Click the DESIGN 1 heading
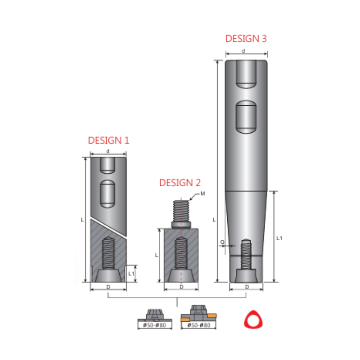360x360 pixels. click(108, 140)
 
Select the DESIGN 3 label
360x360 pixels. click(246, 38)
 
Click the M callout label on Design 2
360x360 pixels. click(203, 193)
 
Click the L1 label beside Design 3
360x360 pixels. click(279, 237)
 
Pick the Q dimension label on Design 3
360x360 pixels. click(221, 242)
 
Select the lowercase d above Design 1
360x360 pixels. click(108, 151)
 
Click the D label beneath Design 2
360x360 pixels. click(181, 287)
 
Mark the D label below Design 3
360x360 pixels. click(247, 287)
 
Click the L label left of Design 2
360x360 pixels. click(156, 255)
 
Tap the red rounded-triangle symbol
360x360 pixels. click(252, 319)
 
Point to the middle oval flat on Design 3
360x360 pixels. click(246, 117)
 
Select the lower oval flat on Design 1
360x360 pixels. click(108, 193)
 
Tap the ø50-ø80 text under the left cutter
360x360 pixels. click(154, 325)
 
